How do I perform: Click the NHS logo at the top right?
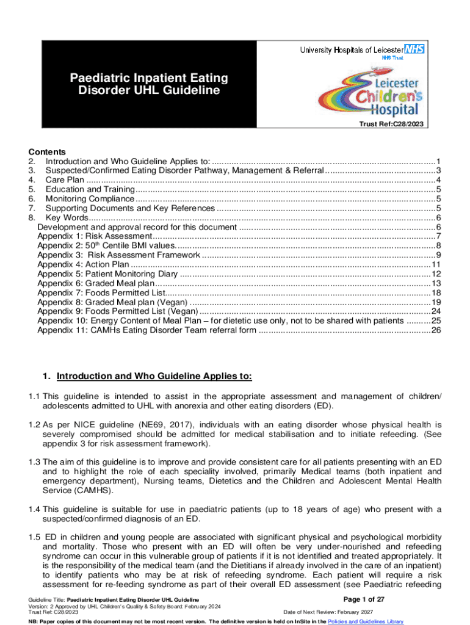click(x=414, y=49)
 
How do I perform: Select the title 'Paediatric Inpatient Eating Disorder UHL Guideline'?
click(x=149, y=84)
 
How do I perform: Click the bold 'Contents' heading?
click(x=47, y=152)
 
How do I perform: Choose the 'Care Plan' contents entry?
click(x=65, y=179)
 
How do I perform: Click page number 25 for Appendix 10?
click(x=436, y=321)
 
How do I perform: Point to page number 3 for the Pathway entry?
click(x=438, y=170)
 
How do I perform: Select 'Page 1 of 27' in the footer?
click(x=364, y=599)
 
